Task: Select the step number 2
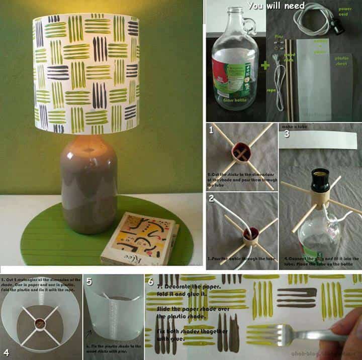pyautogui.click(x=211, y=198)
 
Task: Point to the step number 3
pyautogui.click(x=287, y=134)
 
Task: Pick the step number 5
pyautogui.click(x=89, y=282)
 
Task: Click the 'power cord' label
pyautogui.click(x=345, y=12)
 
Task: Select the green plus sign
pyautogui.click(x=265, y=65)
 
